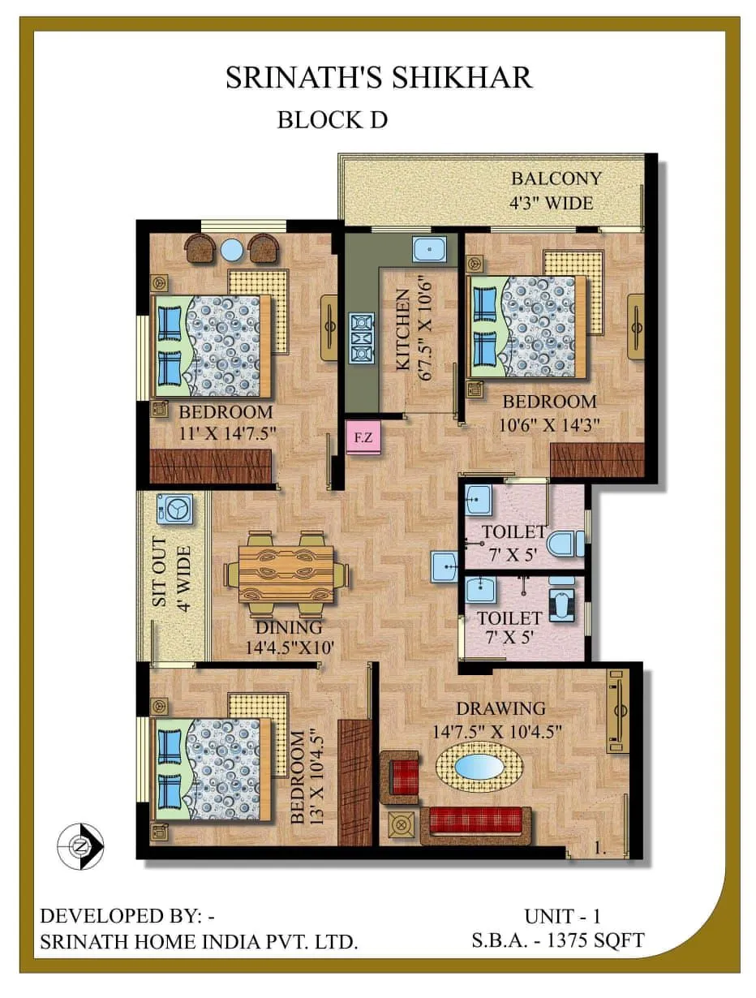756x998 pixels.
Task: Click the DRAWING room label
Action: [x=500, y=708]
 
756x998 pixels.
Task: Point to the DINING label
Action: [x=289, y=627]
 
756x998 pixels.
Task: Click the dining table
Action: [x=286, y=573]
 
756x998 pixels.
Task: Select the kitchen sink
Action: [x=429, y=251]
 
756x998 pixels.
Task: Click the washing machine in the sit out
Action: [x=175, y=508]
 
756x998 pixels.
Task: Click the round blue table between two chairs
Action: [x=233, y=249]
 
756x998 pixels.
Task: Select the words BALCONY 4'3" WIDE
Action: [x=556, y=190]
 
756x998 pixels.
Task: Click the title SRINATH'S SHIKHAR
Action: [x=378, y=77]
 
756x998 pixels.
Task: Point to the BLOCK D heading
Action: [x=332, y=119]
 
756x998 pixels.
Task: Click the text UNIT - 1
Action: [x=562, y=917]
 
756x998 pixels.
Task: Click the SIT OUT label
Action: [x=159, y=573]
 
